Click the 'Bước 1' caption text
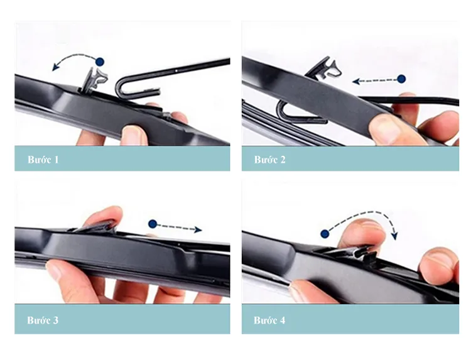coord(43,160)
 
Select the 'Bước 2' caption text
coord(270,160)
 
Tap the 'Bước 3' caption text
coord(43,320)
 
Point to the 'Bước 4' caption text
coord(269,320)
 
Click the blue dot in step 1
coord(100,62)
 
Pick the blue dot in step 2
coord(401,79)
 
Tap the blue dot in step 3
coord(153,224)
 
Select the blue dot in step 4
coord(325,234)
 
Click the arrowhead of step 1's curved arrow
coord(55,67)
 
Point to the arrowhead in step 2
coord(357,81)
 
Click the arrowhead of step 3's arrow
coord(198,230)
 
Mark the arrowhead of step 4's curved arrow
coord(394,236)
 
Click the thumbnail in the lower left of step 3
coord(55,270)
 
